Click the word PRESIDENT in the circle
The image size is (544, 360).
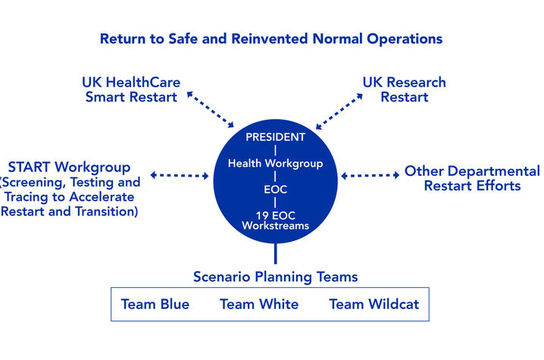point(276,137)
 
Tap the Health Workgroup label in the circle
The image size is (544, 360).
point(276,163)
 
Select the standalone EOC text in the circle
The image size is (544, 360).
point(276,189)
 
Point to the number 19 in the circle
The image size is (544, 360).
point(261,215)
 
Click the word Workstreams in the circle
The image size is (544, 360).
point(276,226)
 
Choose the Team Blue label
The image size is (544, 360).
point(155,304)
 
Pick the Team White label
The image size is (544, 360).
point(259,304)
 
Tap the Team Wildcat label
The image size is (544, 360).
point(374,304)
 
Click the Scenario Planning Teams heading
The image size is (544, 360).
point(276,277)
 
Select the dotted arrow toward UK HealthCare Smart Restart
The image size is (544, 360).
point(210,109)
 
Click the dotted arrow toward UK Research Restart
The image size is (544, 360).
point(339,111)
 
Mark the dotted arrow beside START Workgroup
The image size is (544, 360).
point(180,175)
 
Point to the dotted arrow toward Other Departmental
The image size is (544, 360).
point(370,175)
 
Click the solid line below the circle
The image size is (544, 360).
point(276,253)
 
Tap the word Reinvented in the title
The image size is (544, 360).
point(270,39)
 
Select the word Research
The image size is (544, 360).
point(416,83)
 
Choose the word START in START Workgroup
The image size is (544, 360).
point(29,167)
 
